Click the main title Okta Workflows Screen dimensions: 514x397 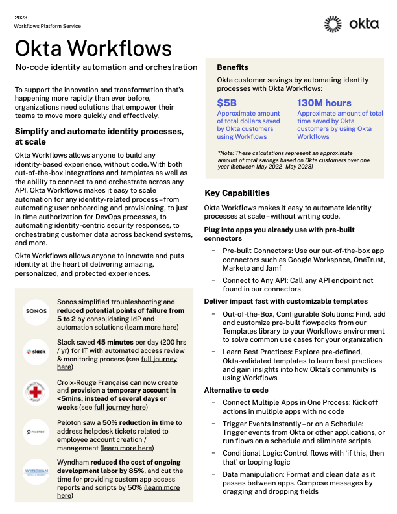coord(93,48)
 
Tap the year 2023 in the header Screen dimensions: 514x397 coord(21,16)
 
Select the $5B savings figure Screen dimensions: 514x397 coord(227,103)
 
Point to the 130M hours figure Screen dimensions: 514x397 coord(324,103)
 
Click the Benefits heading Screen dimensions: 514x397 coord(232,67)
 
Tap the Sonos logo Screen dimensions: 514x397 coord(36,311)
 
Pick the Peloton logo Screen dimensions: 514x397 coord(36,431)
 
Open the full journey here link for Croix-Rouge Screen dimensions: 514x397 coord(120,407)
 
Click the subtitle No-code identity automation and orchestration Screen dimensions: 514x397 coord(106,67)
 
